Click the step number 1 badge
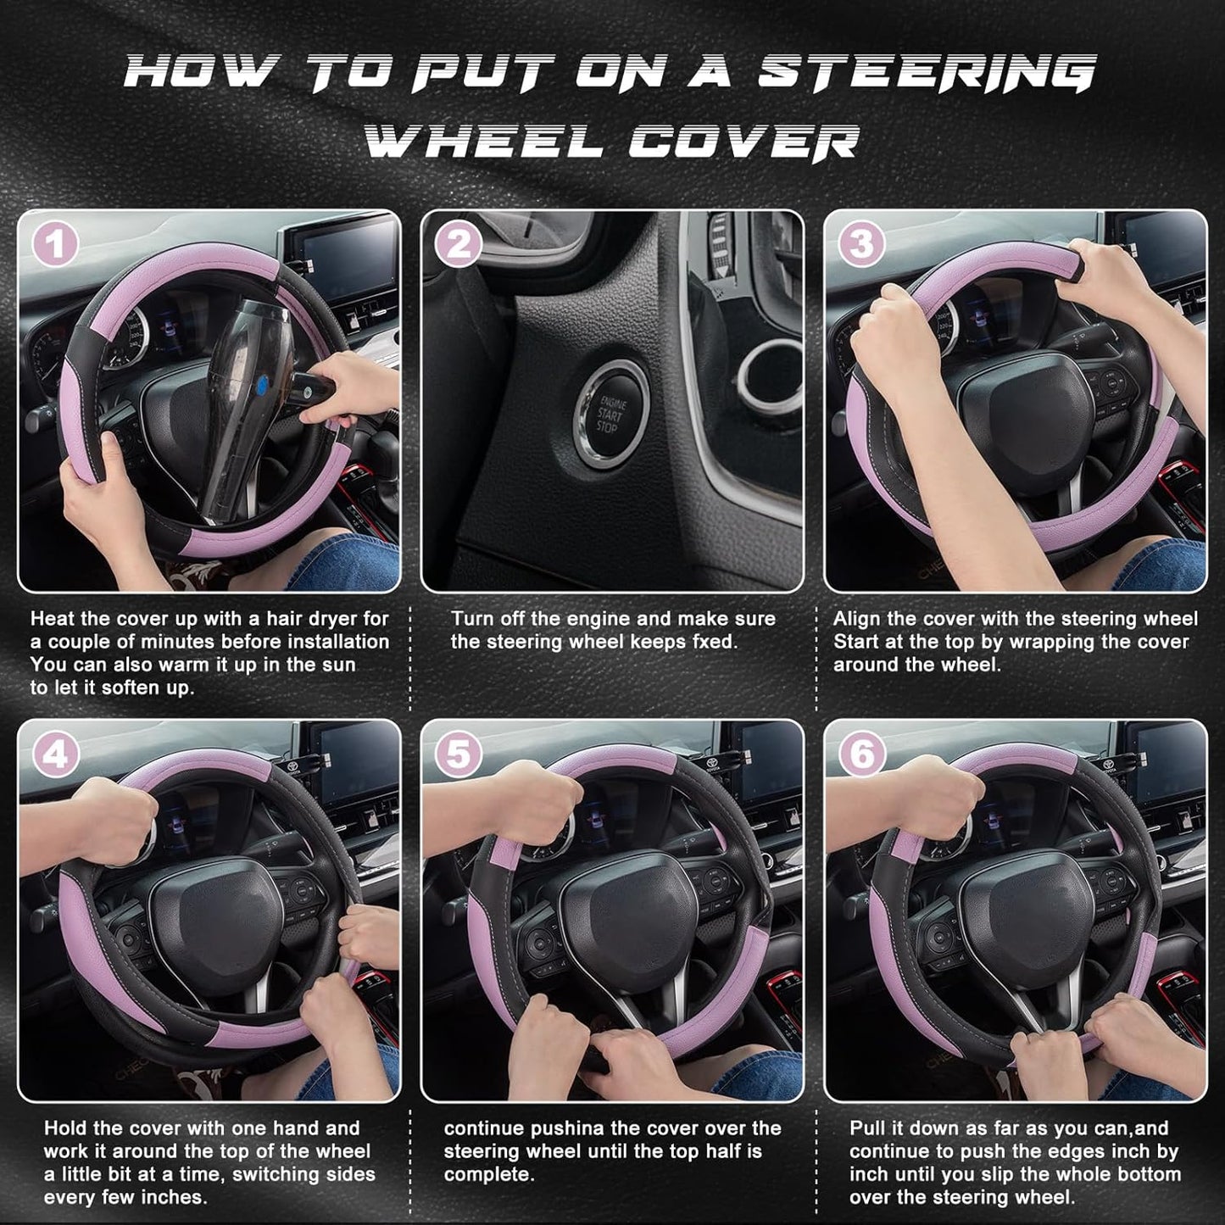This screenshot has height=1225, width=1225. coord(55,245)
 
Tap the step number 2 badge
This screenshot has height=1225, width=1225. coord(458,245)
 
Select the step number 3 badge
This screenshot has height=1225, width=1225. coord(861,245)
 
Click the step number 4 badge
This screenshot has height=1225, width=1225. coord(55,754)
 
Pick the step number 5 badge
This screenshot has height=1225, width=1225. coord(458,754)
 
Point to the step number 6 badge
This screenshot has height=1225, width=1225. coord(861,754)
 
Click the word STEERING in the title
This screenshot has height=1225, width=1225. coord(926,72)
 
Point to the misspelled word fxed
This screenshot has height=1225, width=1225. coord(710,642)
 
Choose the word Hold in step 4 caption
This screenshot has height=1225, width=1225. coord(66,1128)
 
